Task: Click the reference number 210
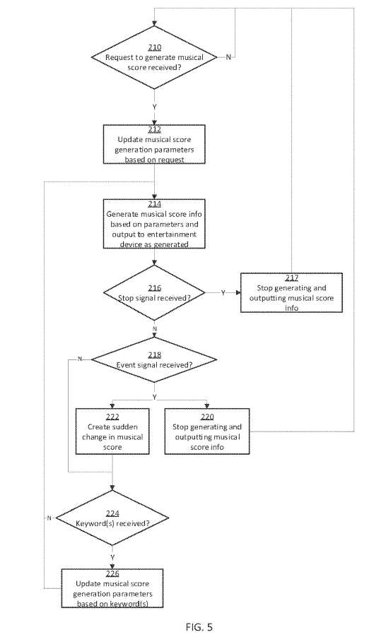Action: pyautogui.click(x=154, y=47)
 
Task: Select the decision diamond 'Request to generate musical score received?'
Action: pyautogui.click(x=154, y=57)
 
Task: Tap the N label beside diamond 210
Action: pyautogui.click(x=228, y=57)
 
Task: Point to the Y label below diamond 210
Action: pyautogui.click(x=154, y=107)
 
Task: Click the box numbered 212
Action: pyautogui.click(x=154, y=144)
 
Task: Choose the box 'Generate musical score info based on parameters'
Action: pyautogui.click(x=154, y=224)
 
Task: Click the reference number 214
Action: pyautogui.click(x=154, y=203)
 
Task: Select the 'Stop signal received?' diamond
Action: pyautogui.click(x=154, y=293)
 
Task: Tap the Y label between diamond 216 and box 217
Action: pyautogui.click(x=223, y=293)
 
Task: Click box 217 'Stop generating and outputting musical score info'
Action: pyautogui.click(x=291, y=293)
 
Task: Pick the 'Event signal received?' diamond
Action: pyautogui.click(x=154, y=360)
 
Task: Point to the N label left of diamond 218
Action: pyautogui.click(x=80, y=359)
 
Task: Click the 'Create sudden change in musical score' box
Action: pyautogui.click(x=112, y=431)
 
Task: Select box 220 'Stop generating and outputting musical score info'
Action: pyautogui.click(x=207, y=431)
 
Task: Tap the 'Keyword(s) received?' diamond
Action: pyautogui.click(x=112, y=518)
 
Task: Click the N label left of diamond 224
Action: pyautogui.click(x=49, y=518)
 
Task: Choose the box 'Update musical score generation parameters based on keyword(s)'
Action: pyautogui.click(x=112, y=588)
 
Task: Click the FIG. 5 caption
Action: pyautogui.click(x=199, y=627)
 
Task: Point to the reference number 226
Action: pyautogui.click(x=112, y=573)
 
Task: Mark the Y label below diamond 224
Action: pyautogui.click(x=112, y=557)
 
